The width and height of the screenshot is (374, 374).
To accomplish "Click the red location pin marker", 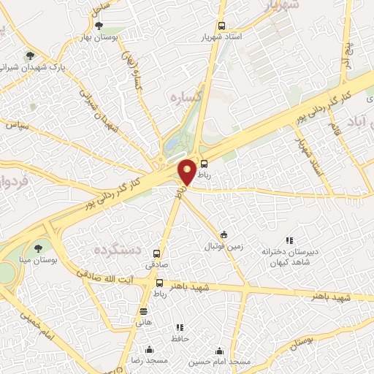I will coord(187,171).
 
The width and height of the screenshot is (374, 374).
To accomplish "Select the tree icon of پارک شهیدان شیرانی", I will coord(30,55).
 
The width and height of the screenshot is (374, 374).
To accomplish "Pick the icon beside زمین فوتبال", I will coord(224,235).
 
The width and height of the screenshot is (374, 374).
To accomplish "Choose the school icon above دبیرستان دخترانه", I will coord(289,240).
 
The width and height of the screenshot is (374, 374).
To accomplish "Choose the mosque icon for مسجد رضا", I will coord(149,350).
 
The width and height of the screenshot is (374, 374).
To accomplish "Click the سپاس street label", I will coord(18,126).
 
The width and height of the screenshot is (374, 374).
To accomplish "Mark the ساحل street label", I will coord(100,7).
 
